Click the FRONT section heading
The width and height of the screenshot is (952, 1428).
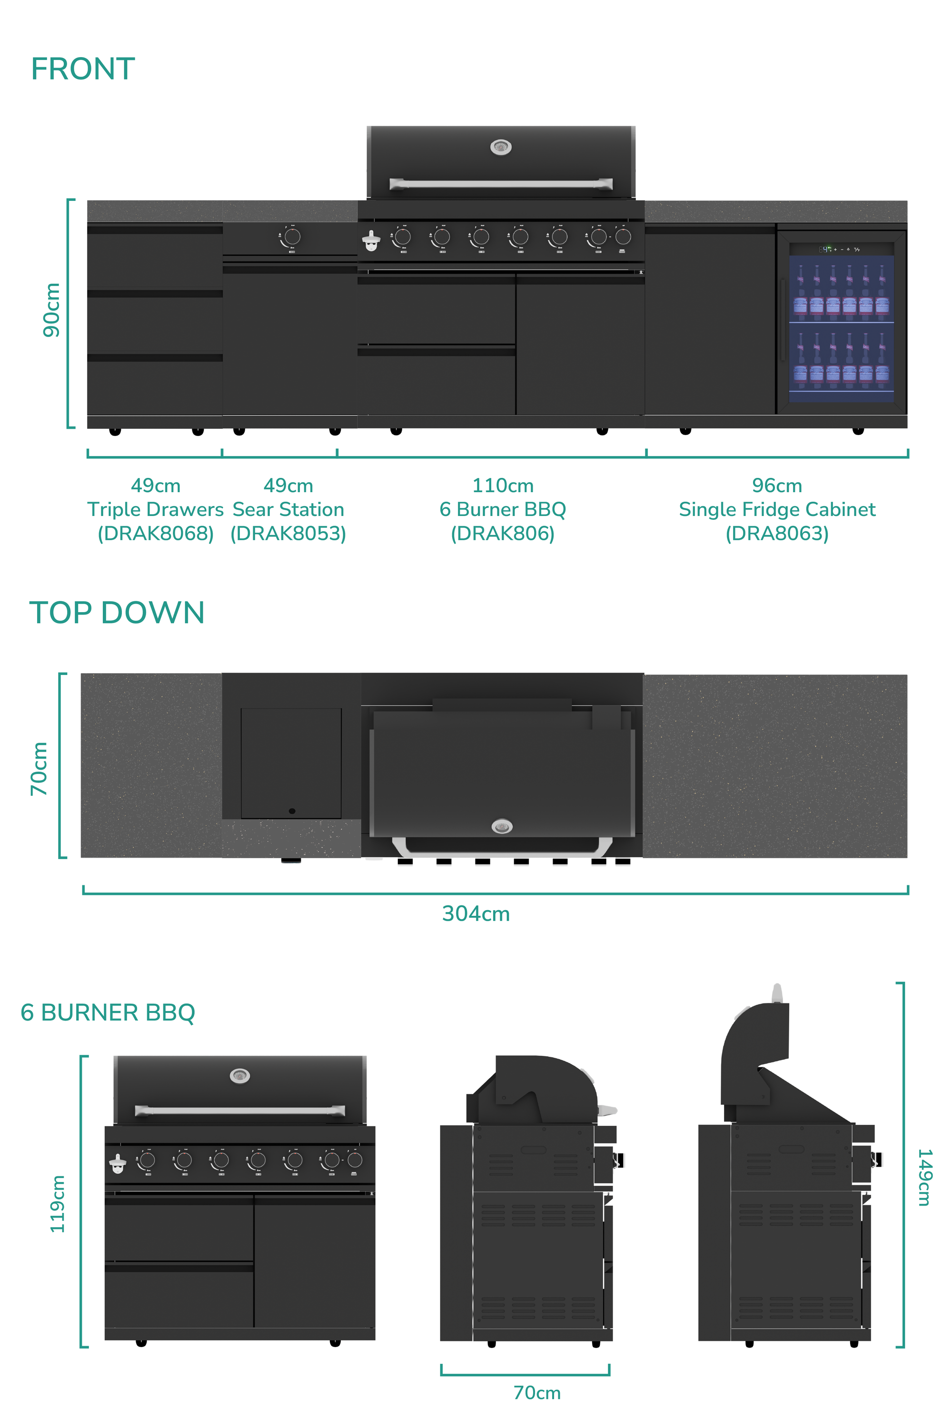pos(83,69)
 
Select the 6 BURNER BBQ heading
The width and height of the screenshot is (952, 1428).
pos(108,1013)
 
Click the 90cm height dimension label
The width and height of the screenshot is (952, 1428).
pos(51,310)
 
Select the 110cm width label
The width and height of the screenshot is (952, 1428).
pos(503,485)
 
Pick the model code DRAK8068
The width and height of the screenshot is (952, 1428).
pos(156,533)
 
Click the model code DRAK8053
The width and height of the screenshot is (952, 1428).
pos(288,533)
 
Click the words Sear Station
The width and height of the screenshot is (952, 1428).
pos(288,509)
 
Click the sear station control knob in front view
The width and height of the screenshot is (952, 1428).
pos(292,237)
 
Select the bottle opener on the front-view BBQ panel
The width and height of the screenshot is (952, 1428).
pos(371,241)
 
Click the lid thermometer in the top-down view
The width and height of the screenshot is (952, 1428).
pos(502,826)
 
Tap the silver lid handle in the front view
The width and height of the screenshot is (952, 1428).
pos(501,183)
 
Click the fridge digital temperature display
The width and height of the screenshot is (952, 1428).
pos(826,249)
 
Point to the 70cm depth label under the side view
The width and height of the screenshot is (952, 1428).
pos(537,1392)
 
